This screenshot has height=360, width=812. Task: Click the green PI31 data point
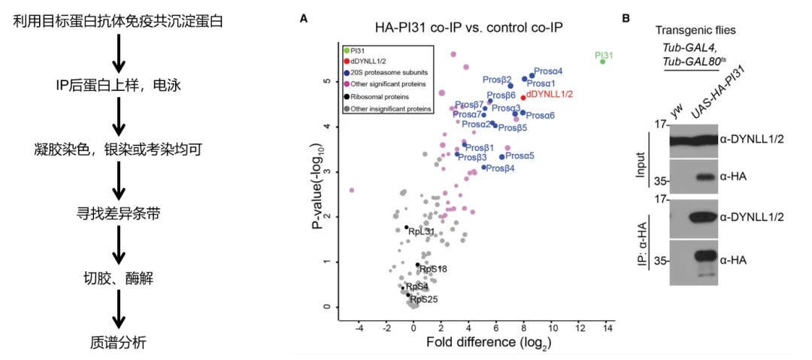(x=602, y=62)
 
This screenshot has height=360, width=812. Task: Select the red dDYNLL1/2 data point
(x=523, y=98)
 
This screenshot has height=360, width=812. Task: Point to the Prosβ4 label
(x=501, y=168)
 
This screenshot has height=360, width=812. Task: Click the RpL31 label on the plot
(x=421, y=231)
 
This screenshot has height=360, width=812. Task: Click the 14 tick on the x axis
(x=608, y=328)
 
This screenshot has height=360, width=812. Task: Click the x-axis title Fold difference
(x=467, y=343)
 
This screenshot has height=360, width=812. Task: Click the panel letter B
(x=626, y=18)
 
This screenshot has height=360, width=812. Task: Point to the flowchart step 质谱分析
(x=118, y=342)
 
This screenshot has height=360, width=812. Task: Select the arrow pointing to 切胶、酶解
(x=119, y=244)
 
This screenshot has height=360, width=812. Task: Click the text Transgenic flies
(x=695, y=30)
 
